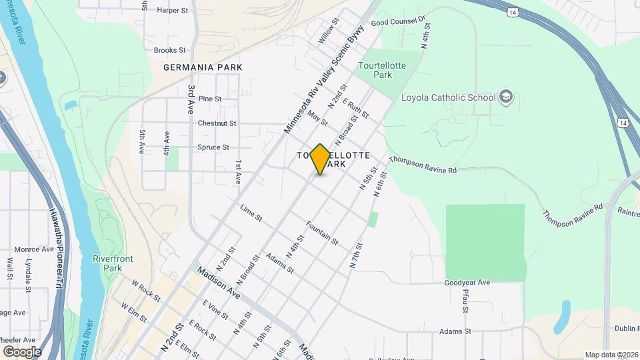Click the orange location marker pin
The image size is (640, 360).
(321, 159)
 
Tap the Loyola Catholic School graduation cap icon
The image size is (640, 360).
(506, 97)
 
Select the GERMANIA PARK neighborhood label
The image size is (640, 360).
(203, 67)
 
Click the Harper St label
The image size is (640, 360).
(173, 10)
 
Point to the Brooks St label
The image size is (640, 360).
(169, 50)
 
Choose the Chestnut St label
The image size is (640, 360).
(217, 123)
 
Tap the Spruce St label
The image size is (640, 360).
(213, 147)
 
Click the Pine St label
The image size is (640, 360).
(209, 99)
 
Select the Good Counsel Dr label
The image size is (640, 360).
(398, 22)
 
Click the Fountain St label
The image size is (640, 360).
(323, 232)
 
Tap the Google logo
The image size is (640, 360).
(22, 351)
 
